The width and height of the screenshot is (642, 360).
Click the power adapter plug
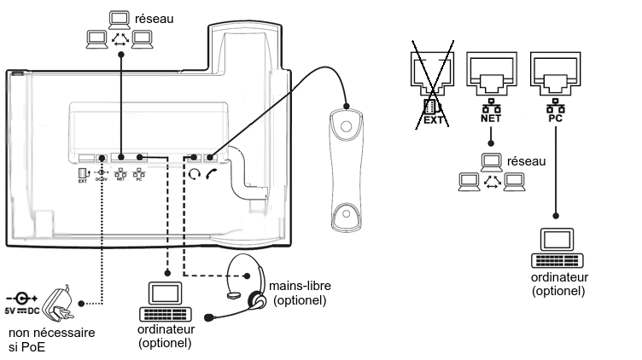click(x=65, y=299)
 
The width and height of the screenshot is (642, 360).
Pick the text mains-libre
click(x=300, y=287)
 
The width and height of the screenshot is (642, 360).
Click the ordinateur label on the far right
click(x=558, y=278)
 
